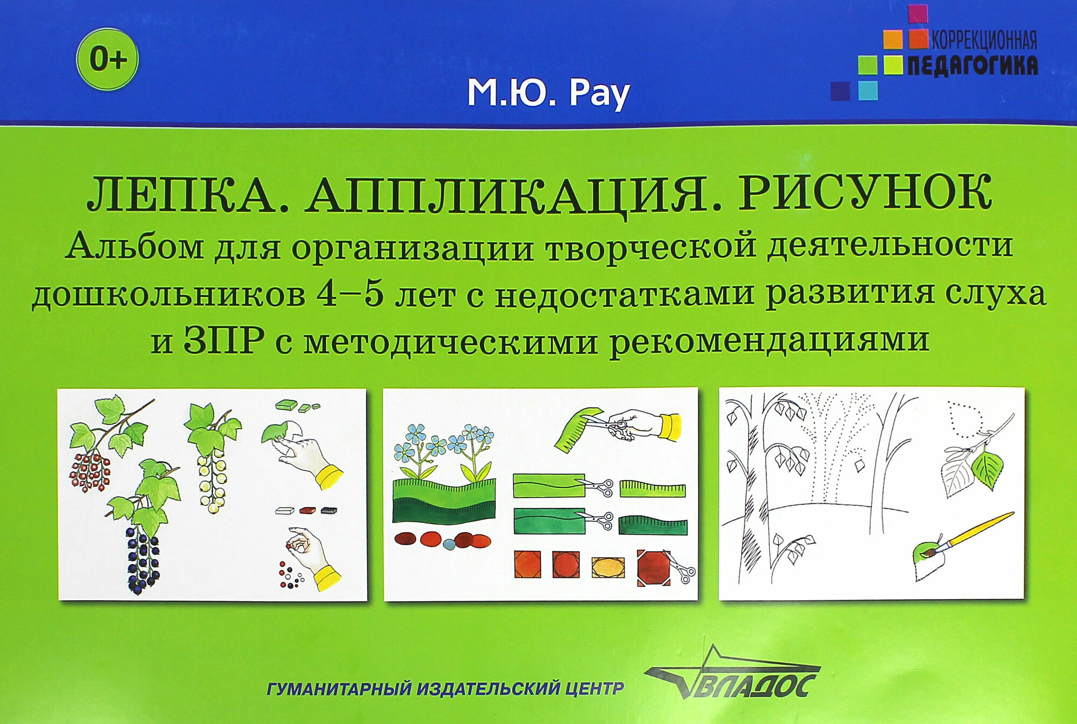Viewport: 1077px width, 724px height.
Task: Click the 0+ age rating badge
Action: (108, 59)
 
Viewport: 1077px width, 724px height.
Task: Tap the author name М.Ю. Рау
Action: (548, 94)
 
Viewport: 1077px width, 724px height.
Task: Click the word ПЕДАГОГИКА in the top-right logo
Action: (973, 65)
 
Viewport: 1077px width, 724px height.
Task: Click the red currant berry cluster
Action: (90, 472)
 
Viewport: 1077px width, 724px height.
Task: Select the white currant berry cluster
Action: (212, 482)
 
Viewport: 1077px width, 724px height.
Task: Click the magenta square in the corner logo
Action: (918, 13)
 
